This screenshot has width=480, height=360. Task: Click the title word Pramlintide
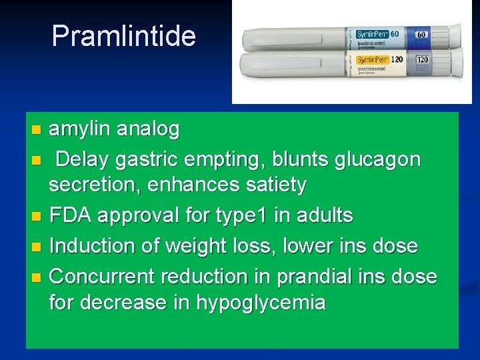[x=124, y=36]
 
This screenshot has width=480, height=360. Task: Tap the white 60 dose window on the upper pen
[x=423, y=34]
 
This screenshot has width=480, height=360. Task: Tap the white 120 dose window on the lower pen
[x=423, y=61]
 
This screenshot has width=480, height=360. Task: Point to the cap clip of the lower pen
[x=280, y=67]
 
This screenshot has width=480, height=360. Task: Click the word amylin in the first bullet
[x=80, y=129]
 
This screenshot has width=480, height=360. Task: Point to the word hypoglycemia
[x=261, y=303]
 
